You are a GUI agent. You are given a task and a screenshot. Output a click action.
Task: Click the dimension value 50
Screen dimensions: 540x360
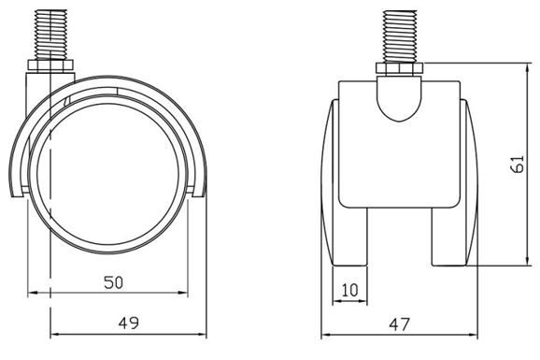coord(113,282)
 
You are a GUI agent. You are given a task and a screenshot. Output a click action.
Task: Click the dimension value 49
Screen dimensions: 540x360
coord(129,324)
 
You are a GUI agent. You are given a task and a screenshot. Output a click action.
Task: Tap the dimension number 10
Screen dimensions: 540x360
coord(350,290)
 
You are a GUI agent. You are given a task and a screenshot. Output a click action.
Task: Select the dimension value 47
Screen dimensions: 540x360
coord(400,324)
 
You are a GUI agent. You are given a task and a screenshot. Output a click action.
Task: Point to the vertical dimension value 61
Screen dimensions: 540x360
coord(517,164)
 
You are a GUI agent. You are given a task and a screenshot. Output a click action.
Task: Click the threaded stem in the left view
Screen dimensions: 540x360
coord(51,35)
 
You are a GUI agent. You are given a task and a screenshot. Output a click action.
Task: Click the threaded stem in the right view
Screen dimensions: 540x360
coord(400,36)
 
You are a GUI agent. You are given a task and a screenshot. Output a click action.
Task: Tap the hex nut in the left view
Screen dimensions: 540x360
coord(50,65)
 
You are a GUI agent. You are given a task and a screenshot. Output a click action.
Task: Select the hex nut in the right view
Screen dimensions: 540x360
coord(400,69)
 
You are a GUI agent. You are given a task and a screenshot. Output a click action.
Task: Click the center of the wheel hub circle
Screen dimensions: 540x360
coord(108,174)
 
